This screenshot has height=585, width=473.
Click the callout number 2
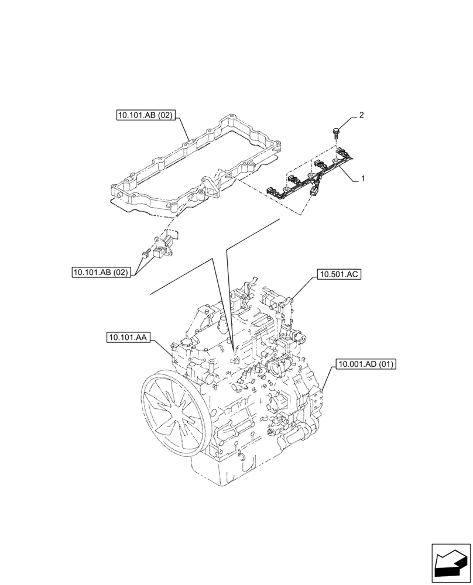(x=361, y=115)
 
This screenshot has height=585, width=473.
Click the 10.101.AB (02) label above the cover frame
(x=145, y=116)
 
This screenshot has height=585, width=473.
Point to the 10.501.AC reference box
(x=339, y=273)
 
